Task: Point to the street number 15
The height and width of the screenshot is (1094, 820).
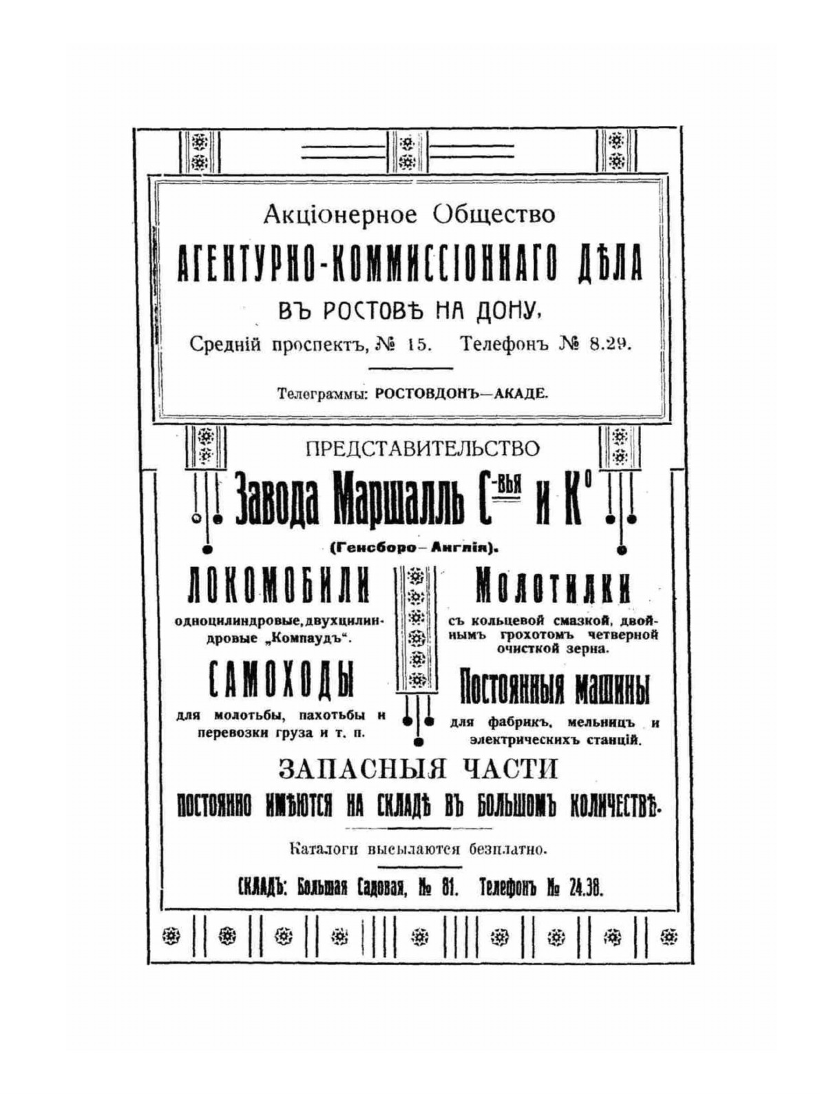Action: (419, 344)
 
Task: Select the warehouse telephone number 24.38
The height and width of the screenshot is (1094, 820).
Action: (585, 888)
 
